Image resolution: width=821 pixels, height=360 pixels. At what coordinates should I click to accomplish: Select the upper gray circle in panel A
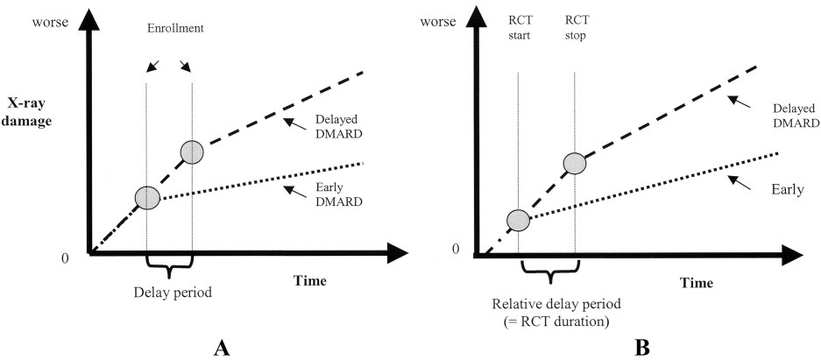192,152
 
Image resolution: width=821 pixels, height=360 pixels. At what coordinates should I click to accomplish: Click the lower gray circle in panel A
147,198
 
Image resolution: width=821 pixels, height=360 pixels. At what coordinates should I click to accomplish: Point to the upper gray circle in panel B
575,163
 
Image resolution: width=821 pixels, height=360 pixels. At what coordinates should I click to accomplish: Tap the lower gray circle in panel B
519,220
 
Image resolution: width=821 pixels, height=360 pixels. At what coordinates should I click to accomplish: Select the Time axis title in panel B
697,283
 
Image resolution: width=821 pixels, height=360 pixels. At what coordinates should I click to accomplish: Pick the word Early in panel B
788,189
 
